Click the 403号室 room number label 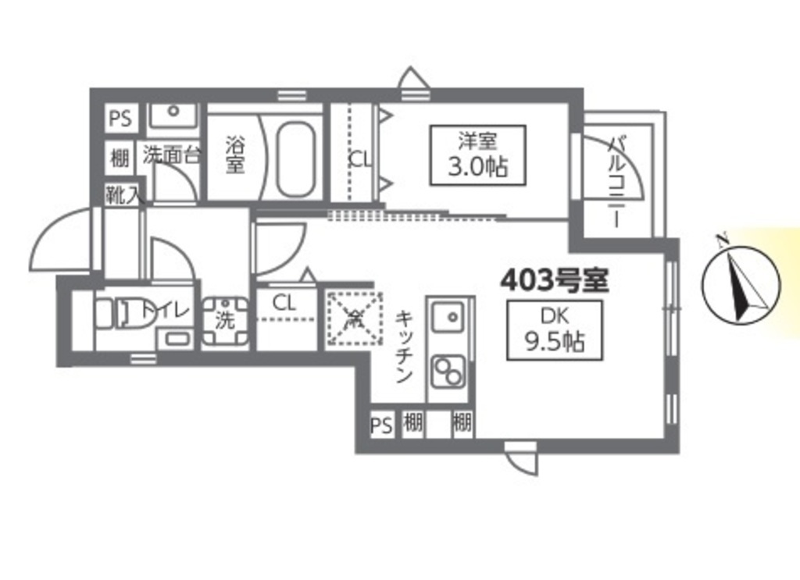click(x=554, y=279)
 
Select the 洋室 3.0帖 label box click(x=477, y=155)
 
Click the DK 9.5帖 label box click(x=554, y=330)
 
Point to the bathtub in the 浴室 click(x=295, y=159)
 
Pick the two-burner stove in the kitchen click(x=448, y=370)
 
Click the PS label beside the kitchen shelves click(x=380, y=425)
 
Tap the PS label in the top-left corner click(x=120, y=119)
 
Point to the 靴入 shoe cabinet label click(x=124, y=195)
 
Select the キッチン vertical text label click(x=404, y=347)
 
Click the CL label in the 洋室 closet click(x=360, y=159)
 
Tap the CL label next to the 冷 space click(x=284, y=303)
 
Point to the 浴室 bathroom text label click(x=234, y=155)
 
